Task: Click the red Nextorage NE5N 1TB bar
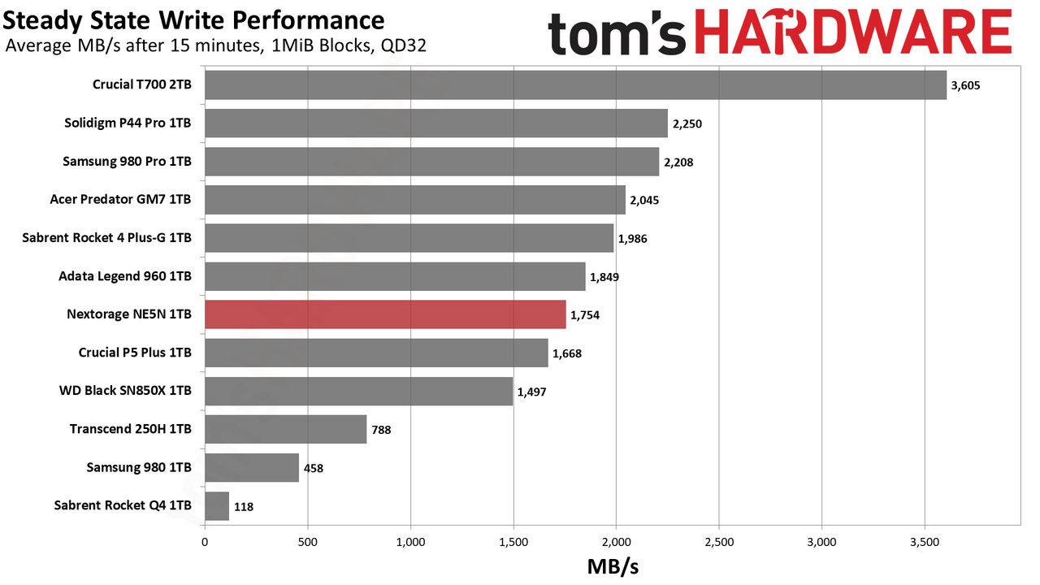click(x=385, y=314)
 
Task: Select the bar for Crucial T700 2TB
click(x=576, y=85)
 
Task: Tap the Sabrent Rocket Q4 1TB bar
click(x=217, y=506)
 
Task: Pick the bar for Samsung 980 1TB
click(x=252, y=467)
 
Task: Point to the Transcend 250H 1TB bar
click(x=286, y=430)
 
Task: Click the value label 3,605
click(x=966, y=85)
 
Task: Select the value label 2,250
click(x=687, y=124)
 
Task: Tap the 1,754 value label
click(x=585, y=315)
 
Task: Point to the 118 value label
click(x=244, y=506)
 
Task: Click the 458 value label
click(x=314, y=468)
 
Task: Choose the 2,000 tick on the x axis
click(x=616, y=542)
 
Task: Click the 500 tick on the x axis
click(x=308, y=542)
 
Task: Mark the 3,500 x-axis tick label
click(x=925, y=542)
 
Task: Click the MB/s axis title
click(x=613, y=567)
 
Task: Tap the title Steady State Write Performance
click(x=193, y=20)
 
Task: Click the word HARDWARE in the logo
click(x=854, y=32)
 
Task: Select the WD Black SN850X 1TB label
click(x=125, y=391)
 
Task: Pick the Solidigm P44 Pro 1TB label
click(x=128, y=123)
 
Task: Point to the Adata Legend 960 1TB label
click(x=125, y=276)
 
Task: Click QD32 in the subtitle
click(x=404, y=46)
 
